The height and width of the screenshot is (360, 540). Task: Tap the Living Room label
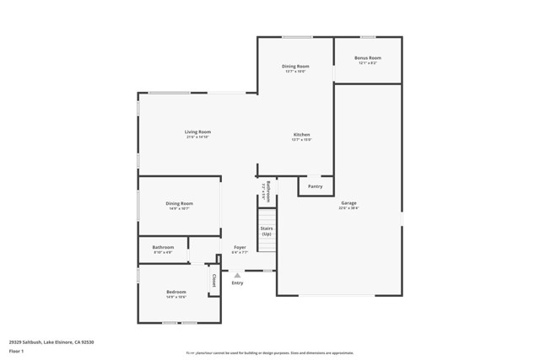[x=198, y=132]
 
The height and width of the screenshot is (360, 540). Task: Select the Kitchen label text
[x=302, y=135]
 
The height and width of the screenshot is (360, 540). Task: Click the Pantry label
[x=315, y=186]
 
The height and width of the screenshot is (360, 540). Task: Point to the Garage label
[x=348, y=203]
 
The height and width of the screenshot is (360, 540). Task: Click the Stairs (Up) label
[x=266, y=231]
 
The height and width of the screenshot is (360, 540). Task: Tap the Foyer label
[x=240, y=248]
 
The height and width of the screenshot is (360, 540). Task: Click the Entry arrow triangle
[x=237, y=275]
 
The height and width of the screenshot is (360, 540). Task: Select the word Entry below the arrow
[x=237, y=283]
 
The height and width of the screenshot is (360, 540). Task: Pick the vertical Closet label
[x=214, y=280]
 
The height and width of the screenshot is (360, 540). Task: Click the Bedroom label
[x=175, y=292]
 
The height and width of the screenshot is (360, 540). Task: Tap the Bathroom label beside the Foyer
[x=163, y=247]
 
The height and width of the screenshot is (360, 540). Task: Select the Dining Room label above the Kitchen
[x=294, y=66]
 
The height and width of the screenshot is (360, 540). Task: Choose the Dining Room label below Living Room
[x=179, y=203]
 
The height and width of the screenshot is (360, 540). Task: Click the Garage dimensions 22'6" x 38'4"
[x=348, y=208]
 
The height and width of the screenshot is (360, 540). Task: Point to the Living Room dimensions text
[x=198, y=137]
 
